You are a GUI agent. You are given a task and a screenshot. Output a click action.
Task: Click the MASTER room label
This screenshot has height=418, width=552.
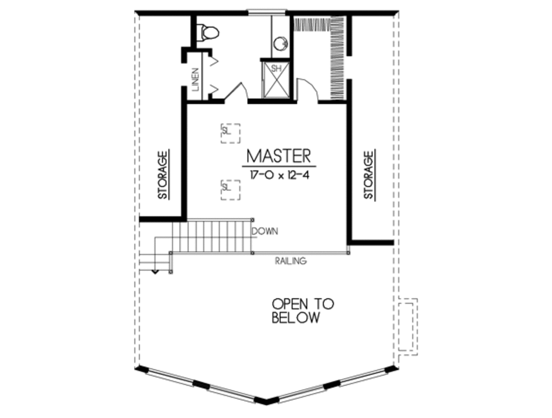point(279,156)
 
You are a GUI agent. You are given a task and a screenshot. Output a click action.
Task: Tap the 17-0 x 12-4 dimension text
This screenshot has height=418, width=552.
point(279,175)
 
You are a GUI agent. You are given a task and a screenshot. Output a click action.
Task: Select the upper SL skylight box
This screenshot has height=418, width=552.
point(230,133)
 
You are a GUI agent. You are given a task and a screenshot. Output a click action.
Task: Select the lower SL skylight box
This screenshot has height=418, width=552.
point(230,189)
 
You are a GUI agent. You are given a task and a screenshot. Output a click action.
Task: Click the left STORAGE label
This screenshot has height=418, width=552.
point(163,175)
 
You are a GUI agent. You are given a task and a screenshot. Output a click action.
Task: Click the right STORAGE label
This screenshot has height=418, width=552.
point(369,175)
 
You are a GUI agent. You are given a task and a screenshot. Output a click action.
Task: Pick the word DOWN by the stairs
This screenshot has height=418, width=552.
point(265,231)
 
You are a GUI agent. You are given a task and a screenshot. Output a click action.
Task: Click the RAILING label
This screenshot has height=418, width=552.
point(291,261)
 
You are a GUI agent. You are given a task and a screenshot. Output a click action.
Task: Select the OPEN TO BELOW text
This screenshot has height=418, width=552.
point(302,311)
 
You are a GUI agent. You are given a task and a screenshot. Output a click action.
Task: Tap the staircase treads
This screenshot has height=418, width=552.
point(211,235)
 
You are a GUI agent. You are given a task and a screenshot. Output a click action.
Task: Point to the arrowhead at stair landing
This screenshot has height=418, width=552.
point(156,271)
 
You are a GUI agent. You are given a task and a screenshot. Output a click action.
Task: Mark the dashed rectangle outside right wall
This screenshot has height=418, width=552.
point(408,326)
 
